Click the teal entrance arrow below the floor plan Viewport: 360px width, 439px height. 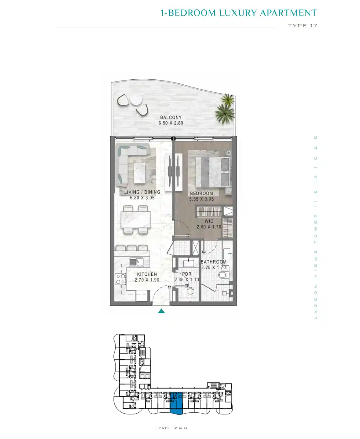161,311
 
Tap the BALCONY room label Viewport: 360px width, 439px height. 171,117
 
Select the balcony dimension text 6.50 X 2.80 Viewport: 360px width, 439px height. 171,123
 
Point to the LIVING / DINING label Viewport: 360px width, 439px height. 142,192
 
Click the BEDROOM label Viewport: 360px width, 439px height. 201,193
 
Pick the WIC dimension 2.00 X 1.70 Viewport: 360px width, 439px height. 209,227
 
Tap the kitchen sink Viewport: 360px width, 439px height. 137,262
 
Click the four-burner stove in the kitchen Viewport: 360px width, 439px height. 121,279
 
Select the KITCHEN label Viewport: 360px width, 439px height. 147,274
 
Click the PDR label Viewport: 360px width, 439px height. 186,274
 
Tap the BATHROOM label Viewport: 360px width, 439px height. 214,262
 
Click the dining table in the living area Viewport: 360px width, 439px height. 136,219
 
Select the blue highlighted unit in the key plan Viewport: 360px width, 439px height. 176,404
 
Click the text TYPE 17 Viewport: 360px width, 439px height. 303,26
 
